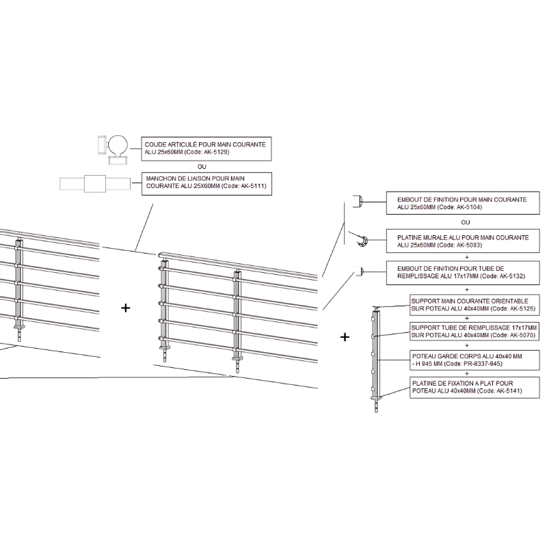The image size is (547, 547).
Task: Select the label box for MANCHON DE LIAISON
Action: pos(206,184)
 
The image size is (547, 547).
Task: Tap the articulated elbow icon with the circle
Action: pos(114,149)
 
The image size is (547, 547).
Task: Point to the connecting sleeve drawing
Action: pos(95,183)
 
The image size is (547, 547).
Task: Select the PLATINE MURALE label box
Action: pos(463,241)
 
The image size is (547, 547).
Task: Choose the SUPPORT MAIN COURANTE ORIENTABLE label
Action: pos(475,305)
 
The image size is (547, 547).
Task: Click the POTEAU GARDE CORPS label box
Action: pos(475,360)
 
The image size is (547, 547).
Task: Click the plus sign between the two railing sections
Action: pos(125,308)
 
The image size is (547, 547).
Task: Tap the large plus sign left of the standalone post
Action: pos(345,337)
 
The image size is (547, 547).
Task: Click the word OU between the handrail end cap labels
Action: pos(466,223)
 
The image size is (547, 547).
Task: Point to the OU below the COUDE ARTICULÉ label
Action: pos(202,167)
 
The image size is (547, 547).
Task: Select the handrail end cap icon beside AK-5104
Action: pos(358,201)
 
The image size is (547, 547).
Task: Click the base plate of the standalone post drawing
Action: pos(376,399)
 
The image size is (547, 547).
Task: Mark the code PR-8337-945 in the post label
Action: pos(484,364)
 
